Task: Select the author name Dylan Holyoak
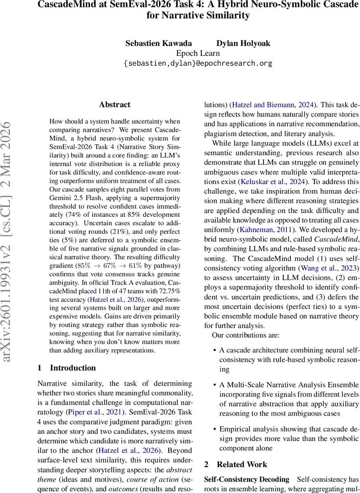coord(243,43)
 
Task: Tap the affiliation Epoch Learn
coord(198,53)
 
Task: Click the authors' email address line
coord(198,64)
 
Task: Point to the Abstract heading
coord(115,105)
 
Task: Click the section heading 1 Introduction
coord(67,368)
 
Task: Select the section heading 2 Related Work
coord(235,464)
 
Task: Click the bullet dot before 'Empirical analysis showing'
coord(215,428)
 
